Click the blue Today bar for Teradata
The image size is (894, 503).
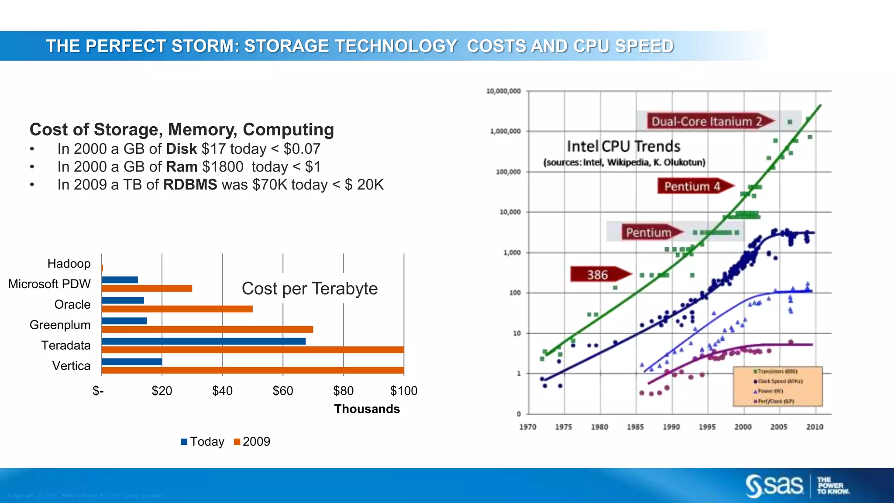point(203,341)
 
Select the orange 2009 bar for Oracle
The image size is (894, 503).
point(177,309)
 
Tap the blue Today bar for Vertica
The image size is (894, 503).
point(131,362)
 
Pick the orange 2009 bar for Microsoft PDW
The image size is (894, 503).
point(147,289)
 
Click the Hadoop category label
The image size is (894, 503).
point(69,264)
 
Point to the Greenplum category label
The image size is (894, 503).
point(60,325)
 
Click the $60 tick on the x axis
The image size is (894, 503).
point(283,391)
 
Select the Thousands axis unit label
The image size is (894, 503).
point(367,409)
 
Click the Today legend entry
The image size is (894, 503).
point(203,442)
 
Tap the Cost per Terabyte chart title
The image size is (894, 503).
point(309,289)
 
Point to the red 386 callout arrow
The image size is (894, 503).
point(600,275)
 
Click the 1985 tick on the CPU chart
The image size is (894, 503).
point(636,427)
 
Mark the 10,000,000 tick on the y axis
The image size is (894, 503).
point(503,91)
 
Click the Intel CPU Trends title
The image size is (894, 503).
point(623,146)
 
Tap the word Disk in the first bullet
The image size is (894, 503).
point(181,149)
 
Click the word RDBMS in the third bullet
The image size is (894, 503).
point(190,185)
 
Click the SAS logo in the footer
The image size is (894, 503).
point(774,486)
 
